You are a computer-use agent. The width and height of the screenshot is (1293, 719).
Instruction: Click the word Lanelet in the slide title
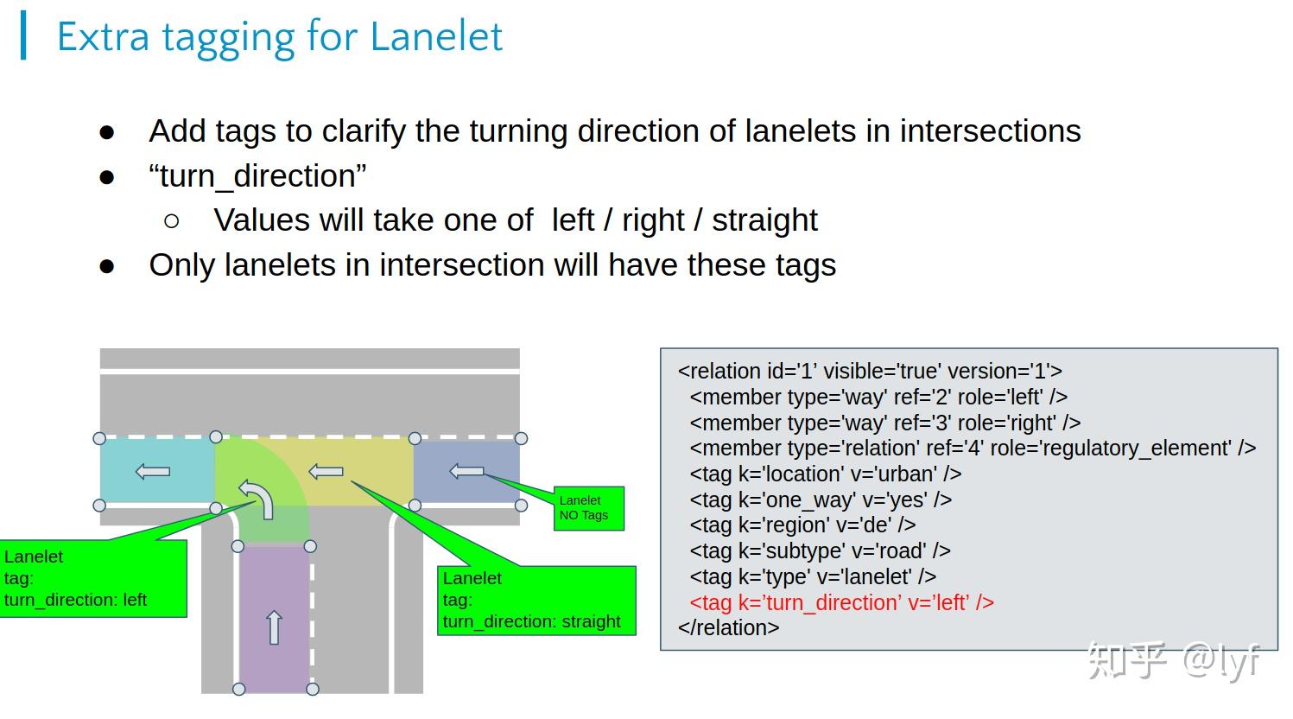click(436, 36)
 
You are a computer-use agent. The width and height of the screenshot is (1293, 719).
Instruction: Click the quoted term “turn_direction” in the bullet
click(257, 175)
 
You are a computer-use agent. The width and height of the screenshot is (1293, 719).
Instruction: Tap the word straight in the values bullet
click(764, 220)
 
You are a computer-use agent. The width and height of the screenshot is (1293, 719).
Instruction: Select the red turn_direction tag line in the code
click(841, 602)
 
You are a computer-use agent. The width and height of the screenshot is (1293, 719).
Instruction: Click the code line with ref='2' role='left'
click(878, 397)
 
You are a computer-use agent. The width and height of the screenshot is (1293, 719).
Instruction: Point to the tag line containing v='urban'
click(825, 474)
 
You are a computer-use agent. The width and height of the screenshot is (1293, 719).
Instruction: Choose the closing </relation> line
click(728, 628)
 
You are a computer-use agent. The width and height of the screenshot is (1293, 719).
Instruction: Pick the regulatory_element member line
click(973, 448)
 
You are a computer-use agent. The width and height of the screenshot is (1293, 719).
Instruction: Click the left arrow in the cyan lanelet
click(153, 472)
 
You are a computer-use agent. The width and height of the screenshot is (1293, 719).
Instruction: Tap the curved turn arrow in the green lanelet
click(257, 499)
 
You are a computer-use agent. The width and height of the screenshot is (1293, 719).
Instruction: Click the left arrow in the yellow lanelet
click(326, 472)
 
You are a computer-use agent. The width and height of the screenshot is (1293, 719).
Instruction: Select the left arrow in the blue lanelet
click(466, 471)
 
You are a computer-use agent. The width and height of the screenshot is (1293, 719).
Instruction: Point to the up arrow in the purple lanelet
click(274, 627)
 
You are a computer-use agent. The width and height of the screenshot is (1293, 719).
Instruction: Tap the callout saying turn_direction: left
click(92, 578)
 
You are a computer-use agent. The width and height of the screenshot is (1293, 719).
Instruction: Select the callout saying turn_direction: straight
click(536, 601)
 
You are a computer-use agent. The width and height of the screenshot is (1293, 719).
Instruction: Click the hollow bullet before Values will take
click(171, 221)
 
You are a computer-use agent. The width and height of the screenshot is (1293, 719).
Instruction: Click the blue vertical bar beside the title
click(23, 35)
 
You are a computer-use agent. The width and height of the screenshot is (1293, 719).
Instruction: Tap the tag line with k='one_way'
click(820, 499)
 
